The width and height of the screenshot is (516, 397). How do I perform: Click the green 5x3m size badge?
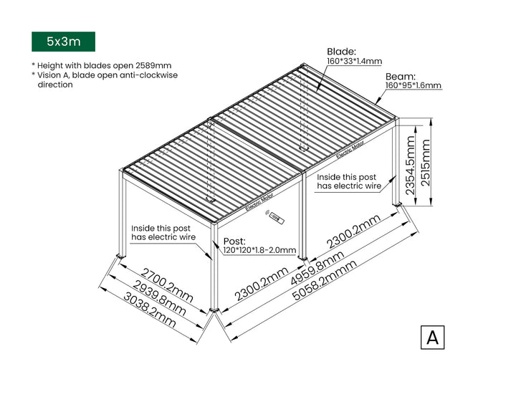63,42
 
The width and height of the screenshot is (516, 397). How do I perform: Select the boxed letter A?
432,337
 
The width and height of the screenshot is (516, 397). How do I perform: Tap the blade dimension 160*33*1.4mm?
354,62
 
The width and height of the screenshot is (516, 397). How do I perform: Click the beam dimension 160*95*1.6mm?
413,86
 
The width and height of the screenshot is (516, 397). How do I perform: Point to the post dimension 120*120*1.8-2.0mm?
259,250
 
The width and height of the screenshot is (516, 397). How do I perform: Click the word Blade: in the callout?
342,52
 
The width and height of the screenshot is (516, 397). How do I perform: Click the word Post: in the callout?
234,241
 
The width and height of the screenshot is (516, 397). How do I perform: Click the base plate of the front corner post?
214,311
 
